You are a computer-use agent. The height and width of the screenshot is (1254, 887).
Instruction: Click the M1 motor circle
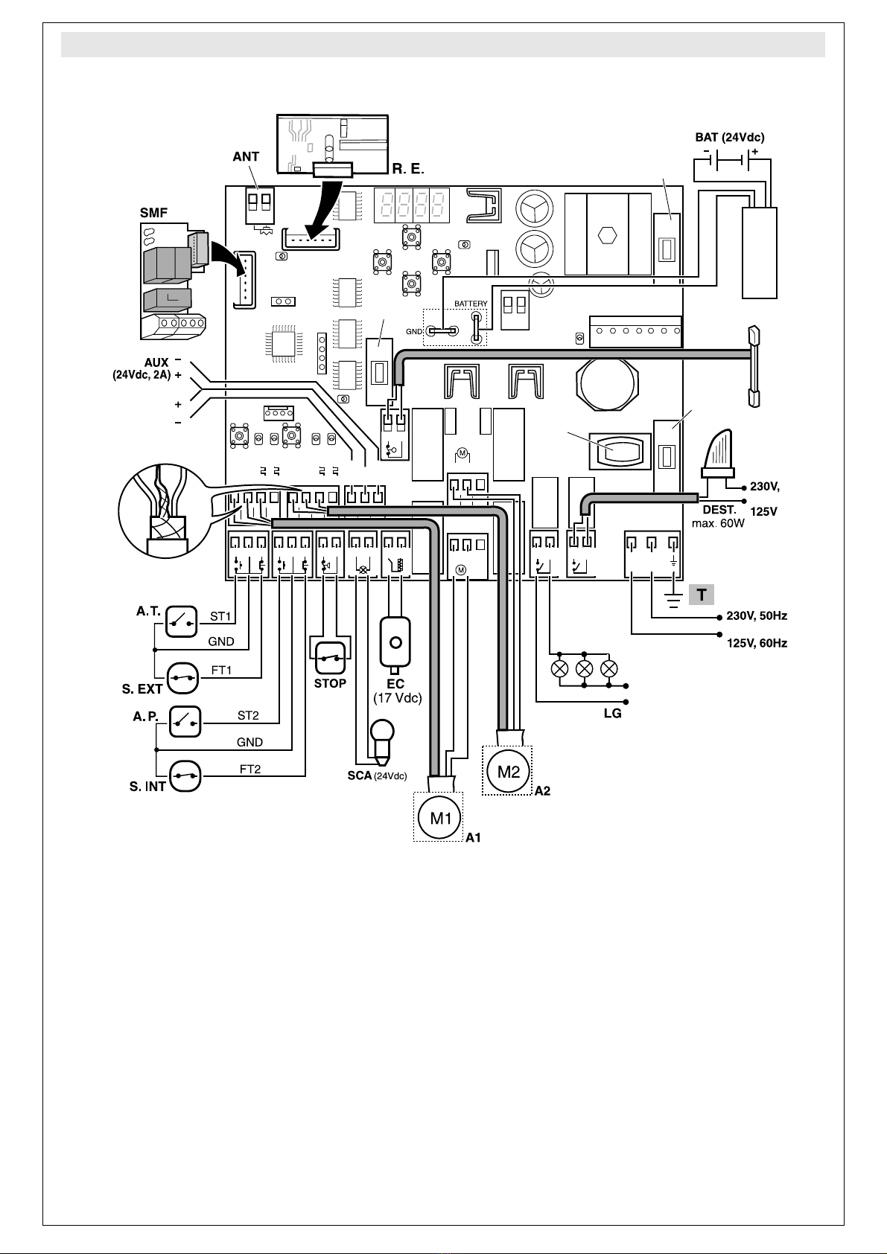[x=440, y=818]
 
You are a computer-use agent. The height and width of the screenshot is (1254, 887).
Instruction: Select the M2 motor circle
[x=508, y=772]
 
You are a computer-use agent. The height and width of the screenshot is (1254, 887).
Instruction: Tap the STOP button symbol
[x=330, y=659]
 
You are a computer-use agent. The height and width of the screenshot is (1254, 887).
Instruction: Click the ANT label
[x=246, y=157]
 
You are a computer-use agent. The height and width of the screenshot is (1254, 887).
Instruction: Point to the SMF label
[x=153, y=213]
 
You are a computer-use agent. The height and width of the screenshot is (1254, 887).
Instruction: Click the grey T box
[x=702, y=595]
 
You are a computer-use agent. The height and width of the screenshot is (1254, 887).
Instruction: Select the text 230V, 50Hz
[x=757, y=615]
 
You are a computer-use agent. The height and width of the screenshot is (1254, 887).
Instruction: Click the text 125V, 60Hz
[x=757, y=643]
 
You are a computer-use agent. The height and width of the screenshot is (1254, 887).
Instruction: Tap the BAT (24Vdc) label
[x=730, y=137]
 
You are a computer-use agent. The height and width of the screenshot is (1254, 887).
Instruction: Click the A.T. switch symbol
[x=181, y=621]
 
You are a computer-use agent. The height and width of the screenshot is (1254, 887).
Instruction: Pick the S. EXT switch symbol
[x=183, y=677]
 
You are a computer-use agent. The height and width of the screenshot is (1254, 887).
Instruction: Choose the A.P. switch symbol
[x=185, y=721]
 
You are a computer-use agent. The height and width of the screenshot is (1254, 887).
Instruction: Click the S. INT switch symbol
[x=185, y=775]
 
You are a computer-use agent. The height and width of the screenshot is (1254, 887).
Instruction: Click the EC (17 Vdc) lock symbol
[x=395, y=645]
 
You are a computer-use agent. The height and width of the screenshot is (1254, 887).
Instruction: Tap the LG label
[x=612, y=714]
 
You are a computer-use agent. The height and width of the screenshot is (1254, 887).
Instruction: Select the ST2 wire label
[x=248, y=715]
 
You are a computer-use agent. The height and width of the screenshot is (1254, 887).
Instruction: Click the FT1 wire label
[x=221, y=670]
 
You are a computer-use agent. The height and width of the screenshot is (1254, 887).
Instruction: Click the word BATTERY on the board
[x=471, y=304]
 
